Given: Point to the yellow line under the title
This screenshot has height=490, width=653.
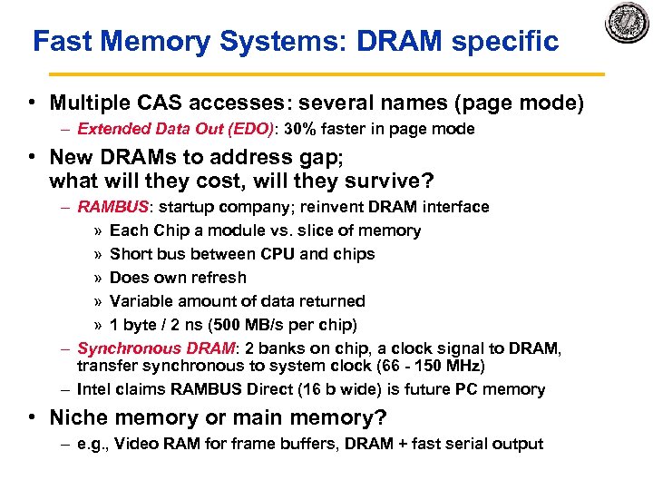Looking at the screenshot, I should pyautogui.click(x=326, y=73).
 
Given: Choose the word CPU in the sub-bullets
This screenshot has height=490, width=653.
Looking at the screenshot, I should pyautogui.click(x=271, y=254).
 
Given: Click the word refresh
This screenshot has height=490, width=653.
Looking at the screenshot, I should pyautogui.click(x=217, y=278).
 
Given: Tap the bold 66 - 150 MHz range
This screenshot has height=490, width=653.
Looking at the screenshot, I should pyautogui.click(x=436, y=366).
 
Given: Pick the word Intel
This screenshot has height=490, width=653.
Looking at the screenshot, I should pyautogui.click(x=94, y=389).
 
